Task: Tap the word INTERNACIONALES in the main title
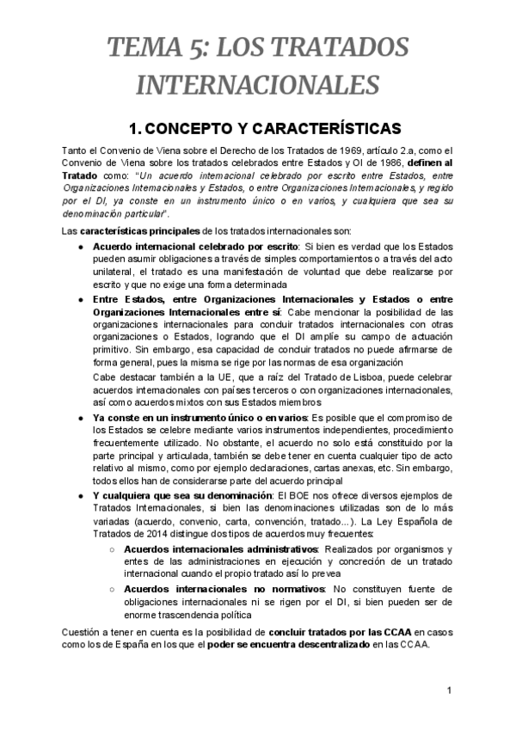(x=258, y=85)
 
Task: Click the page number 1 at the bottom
(x=449, y=691)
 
